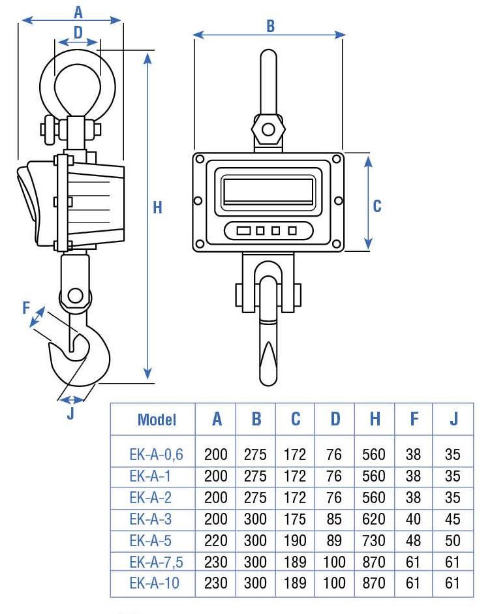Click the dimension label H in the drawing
(x=157, y=207)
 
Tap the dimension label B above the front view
(x=270, y=25)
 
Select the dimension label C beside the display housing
(x=377, y=206)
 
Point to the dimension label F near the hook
(x=27, y=307)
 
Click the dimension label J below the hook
(x=70, y=413)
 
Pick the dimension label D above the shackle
(x=78, y=31)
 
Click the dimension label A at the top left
(x=79, y=11)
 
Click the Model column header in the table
(x=157, y=420)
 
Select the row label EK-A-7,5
(x=157, y=561)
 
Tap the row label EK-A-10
(x=154, y=583)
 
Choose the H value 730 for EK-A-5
(x=374, y=540)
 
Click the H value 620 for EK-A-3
(x=374, y=519)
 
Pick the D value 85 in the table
(x=334, y=519)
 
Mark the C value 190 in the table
(x=295, y=540)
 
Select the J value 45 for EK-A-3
(x=452, y=519)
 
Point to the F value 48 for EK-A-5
(x=413, y=540)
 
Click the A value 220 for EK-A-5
(x=216, y=540)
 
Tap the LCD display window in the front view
(x=269, y=191)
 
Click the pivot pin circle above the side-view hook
(x=75, y=295)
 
